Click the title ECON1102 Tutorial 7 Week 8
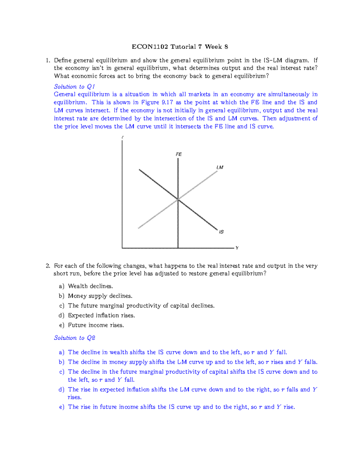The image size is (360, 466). (x=180, y=47)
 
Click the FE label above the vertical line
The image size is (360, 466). (x=178, y=154)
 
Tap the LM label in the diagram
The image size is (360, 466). (x=220, y=167)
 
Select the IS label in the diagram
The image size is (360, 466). (x=221, y=232)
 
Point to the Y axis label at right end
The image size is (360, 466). (x=237, y=248)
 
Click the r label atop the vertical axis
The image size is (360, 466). (x=122, y=137)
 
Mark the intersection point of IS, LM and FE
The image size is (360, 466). (x=178, y=199)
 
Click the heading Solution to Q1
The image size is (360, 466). (x=74, y=86)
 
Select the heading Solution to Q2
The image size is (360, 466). (x=74, y=338)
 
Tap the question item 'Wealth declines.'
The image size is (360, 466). (x=90, y=286)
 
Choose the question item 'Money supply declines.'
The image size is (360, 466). (x=100, y=296)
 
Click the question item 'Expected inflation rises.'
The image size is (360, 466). (x=101, y=315)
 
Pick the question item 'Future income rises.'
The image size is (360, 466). (x=96, y=325)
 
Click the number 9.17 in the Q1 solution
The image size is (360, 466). (x=167, y=102)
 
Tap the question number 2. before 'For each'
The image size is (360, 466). (x=48, y=266)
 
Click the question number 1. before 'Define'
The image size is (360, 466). (x=48, y=60)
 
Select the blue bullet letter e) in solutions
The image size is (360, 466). (x=61, y=407)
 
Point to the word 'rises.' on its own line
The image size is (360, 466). (x=74, y=397)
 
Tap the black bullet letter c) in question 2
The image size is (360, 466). (x=61, y=305)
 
